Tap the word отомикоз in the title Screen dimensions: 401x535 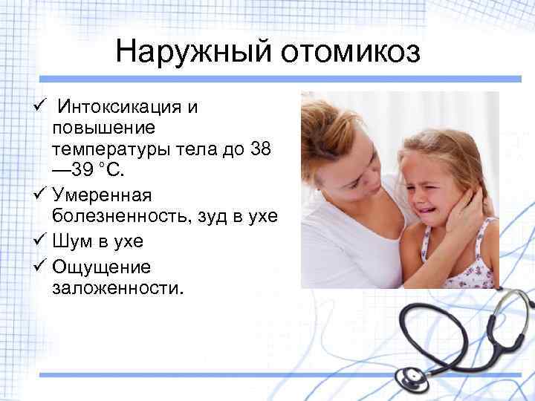348,53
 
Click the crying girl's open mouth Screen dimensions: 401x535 428,203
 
